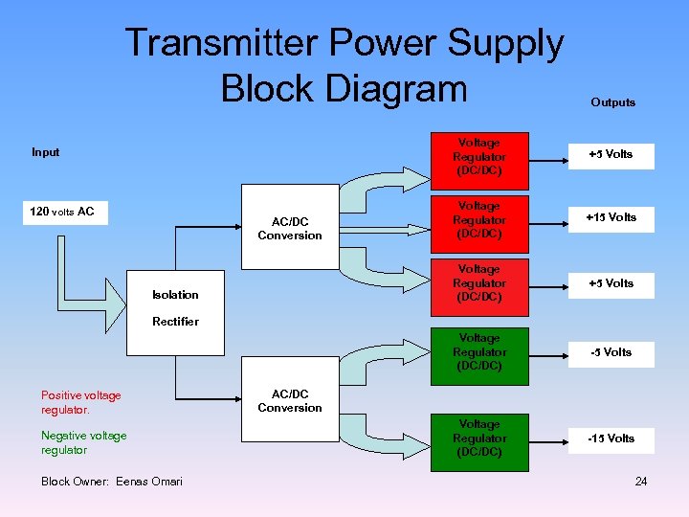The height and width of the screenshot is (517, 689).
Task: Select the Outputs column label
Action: [x=612, y=102]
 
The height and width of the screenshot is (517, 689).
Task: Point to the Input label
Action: [x=45, y=152]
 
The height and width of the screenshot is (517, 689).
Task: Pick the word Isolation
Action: [x=175, y=295]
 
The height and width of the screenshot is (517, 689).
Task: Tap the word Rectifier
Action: [x=175, y=322]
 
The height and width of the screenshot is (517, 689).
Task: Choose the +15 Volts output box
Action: [x=611, y=217]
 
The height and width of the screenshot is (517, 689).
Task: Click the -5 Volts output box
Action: [x=611, y=352]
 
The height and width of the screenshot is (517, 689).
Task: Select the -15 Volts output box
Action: [x=611, y=438]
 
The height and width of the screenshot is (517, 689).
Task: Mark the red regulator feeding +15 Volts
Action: [x=478, y=219]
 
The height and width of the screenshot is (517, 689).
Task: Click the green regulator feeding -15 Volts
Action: [x=478, y=438]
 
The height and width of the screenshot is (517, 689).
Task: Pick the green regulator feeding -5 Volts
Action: [x=478, y=352]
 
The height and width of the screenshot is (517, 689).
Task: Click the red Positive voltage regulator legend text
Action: [x=80, y=402]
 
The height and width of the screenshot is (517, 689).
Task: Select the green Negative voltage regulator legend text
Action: [x=83, y=442]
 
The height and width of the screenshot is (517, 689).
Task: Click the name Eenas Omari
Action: [x=149, y=481]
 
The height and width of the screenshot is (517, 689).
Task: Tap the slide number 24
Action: [x=640, y=481]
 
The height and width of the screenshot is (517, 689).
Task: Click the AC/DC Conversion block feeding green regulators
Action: [x=289, y=401]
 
